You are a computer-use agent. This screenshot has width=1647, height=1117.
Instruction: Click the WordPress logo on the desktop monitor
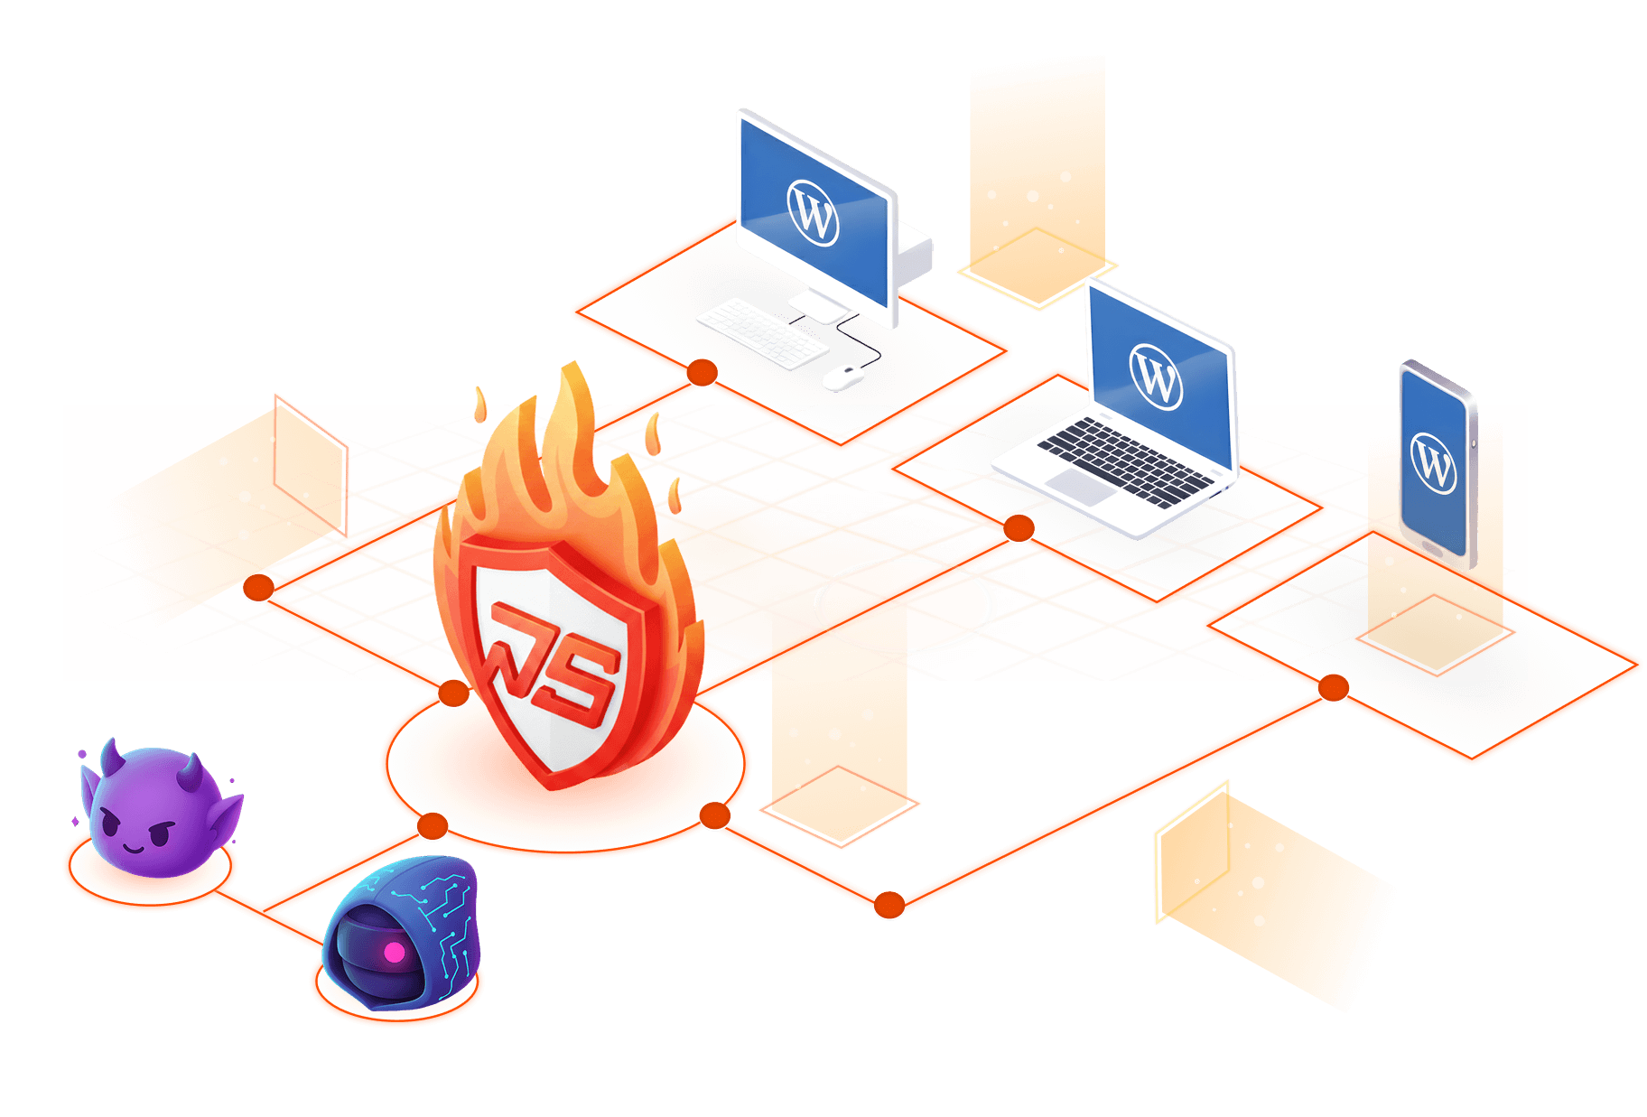(x=813, y=212)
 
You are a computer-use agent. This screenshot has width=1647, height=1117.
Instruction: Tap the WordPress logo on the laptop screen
(x=1155, y=377)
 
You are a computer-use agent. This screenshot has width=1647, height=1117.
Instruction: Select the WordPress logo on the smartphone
(x=1434, y=463)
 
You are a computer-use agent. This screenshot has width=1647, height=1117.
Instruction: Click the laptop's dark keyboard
(x=1124, y=461)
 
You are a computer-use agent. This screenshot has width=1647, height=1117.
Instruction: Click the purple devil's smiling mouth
(x=134, y=848)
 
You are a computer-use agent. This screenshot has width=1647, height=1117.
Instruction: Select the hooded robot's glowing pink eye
(x=395, y=952)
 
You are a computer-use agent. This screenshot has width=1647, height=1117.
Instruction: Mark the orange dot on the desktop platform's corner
(x=702, y=372)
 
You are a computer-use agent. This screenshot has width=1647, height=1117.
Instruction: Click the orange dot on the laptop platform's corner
(x=1019, y=528)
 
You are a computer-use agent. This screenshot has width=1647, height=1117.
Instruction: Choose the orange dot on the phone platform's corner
(x=1333, y=688)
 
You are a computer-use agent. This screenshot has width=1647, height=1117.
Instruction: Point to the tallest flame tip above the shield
(x=572, y=366)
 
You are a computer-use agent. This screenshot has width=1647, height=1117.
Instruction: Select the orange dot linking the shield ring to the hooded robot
(x=433, y=825)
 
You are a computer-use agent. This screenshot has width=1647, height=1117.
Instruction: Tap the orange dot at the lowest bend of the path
(x=889, y=905)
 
